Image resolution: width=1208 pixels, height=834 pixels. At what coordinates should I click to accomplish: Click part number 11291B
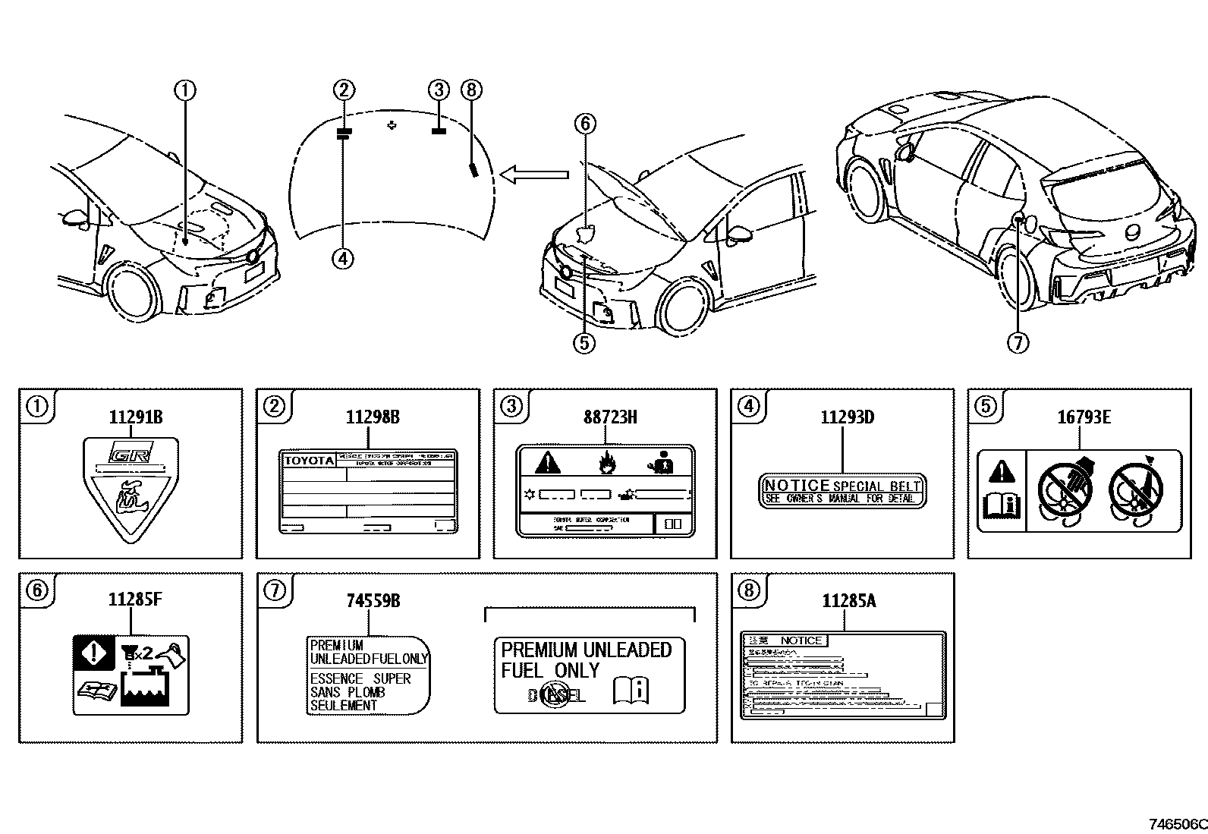(x=136, y=417)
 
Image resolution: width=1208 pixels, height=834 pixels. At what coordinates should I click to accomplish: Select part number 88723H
(x=610, y=417)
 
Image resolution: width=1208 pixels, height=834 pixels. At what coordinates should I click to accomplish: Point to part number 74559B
(x=373, y=601)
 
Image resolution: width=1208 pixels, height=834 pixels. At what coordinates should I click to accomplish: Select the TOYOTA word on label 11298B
(x=308, y=461)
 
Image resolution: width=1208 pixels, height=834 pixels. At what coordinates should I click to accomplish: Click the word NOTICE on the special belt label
(x=797, y=486)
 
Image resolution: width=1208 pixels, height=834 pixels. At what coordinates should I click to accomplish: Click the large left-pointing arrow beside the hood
(x=534, y=175)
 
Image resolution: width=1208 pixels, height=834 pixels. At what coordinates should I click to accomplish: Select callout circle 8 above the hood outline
(x=471, y=90)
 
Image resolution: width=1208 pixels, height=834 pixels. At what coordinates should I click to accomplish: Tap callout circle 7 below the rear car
(x=1018, y=343)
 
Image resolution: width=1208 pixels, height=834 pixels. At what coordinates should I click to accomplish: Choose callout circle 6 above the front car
(x=585, y=123)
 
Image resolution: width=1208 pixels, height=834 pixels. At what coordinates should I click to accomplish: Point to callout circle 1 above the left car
(x=185, y=90)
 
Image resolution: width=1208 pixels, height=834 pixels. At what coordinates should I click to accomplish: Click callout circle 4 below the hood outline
(x=343, y=258)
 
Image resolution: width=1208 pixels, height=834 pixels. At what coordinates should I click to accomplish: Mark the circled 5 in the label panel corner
(x=984, y=406)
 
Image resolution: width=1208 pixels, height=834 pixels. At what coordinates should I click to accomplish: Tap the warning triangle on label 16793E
(x=1002, y=472)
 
